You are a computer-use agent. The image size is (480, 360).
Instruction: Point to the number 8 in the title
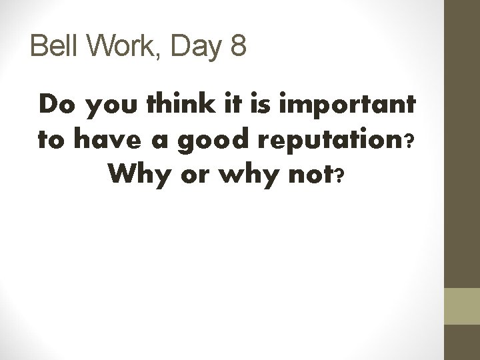pos(237,47)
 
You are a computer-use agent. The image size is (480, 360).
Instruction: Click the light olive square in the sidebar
pos(462,307)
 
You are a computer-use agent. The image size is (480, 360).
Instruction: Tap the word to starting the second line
pos(50,141)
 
